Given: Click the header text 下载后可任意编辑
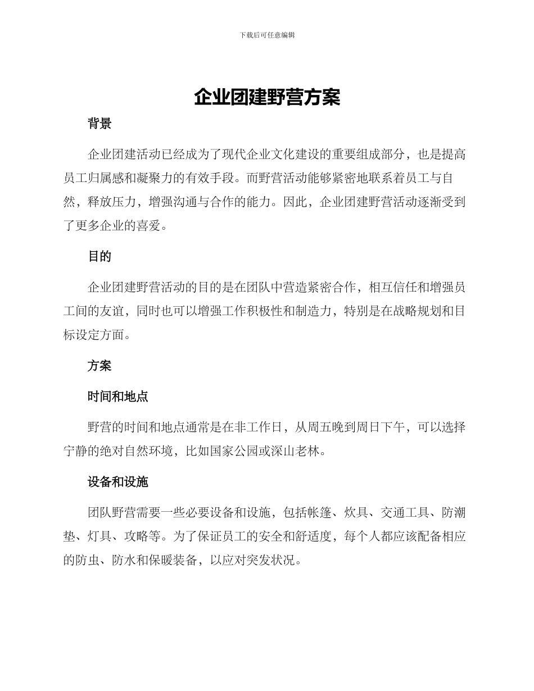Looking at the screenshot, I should pyautogui.click(x=267, y=35).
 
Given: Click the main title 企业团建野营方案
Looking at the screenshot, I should pyautogui.click(x=267, y=97).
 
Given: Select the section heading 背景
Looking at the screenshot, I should pyautogui.click(x=99, y=124).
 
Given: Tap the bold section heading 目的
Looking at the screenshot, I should pyautogui.click(x=99, y=257).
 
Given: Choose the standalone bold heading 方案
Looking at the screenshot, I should pyautogui.click(x=99, y=366).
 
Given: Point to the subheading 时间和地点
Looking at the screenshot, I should pyautogui.click(x=117, y=397).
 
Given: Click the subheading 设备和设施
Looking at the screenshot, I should pyautogui.click(x=117, y=481).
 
